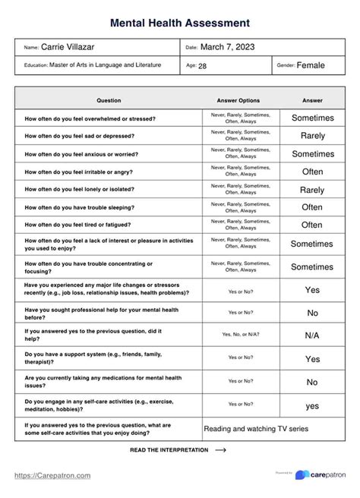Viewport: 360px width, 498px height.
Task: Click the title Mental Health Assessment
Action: coord(179,24)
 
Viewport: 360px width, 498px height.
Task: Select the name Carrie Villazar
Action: coord(74,47)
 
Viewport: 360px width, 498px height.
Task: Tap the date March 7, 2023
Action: coord(227,47)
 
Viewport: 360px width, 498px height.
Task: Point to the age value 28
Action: coord(202,66)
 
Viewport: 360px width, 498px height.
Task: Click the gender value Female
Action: coord(311,65)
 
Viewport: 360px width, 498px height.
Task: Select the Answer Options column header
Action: coord(238,100)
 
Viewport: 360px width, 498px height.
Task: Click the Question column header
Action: coord(109,100)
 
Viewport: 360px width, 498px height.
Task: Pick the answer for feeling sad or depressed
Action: coord(312,136)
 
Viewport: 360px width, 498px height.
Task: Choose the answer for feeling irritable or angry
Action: coord(312,172)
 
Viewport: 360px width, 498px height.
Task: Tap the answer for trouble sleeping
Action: coord(312,207)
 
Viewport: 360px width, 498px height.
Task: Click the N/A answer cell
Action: coord(312,335)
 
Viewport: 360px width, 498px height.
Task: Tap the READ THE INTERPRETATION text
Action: coord(169,450)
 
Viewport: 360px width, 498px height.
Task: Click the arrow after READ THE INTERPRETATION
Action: coord(221,450)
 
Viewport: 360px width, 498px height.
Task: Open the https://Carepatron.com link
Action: coord(53,476)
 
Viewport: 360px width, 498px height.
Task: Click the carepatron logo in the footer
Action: coord(323,474)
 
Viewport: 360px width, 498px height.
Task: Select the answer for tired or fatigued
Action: coord(312,225)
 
